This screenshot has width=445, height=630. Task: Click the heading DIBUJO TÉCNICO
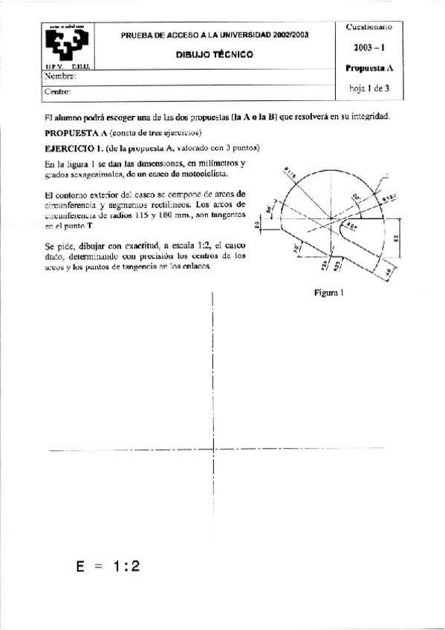[214, 54]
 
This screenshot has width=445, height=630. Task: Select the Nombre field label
[62, 77]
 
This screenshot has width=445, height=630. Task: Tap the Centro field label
[58, 91]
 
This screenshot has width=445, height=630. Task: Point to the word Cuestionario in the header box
[369, 27]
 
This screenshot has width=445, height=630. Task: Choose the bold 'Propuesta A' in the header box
[369, 68]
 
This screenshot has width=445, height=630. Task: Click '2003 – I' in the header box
[369, 47]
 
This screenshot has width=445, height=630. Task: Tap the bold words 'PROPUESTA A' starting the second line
[76, 133]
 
